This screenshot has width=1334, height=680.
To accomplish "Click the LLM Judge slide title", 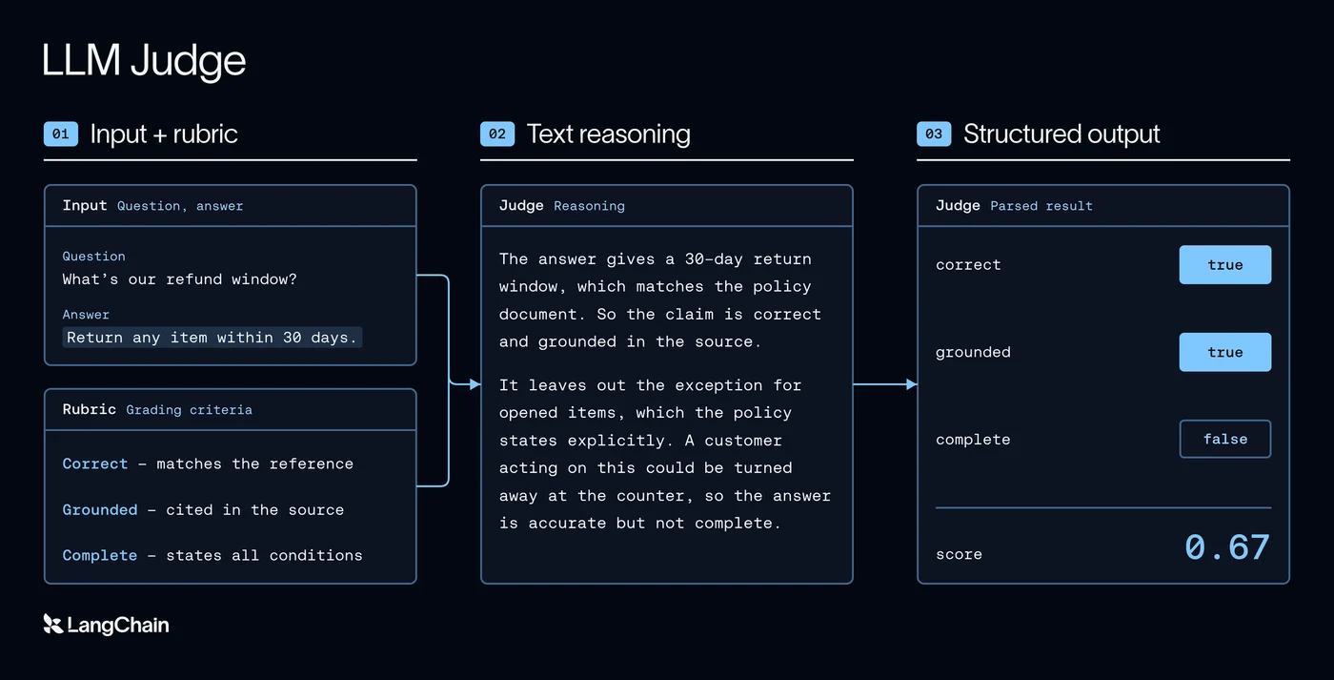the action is point(144,60).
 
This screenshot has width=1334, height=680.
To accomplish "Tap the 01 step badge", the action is point(61,134).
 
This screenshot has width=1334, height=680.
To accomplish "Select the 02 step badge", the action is point(497,134).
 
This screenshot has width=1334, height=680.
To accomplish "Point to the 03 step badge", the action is point(934,134).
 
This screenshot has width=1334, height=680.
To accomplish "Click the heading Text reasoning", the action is point(609,134).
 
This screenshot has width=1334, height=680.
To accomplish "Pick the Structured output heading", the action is point(1061,134).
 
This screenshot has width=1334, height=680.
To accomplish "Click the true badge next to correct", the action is point(1225,264).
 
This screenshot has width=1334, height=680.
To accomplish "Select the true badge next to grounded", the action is point(1225,352).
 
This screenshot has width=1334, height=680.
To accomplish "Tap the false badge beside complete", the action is point(1225,440).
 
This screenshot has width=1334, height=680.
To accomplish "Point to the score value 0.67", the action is point(1227,547).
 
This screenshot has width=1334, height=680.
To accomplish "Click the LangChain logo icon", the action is point(53,624).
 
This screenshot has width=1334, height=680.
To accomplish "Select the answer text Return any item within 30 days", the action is point(212,338).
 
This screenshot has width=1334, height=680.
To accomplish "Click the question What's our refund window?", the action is point(179,279).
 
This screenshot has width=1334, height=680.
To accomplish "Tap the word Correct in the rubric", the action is point(95,464).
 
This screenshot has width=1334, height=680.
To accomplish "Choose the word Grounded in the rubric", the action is point(100,509).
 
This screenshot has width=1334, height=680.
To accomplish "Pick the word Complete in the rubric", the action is point(100,555).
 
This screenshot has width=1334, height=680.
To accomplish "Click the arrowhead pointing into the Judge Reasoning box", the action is point(475,384).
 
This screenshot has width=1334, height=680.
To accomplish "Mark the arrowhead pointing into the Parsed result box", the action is point(911,384).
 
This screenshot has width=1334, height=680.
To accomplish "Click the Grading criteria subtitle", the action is point(189,410).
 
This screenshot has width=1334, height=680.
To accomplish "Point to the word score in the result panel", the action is point(959,554).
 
